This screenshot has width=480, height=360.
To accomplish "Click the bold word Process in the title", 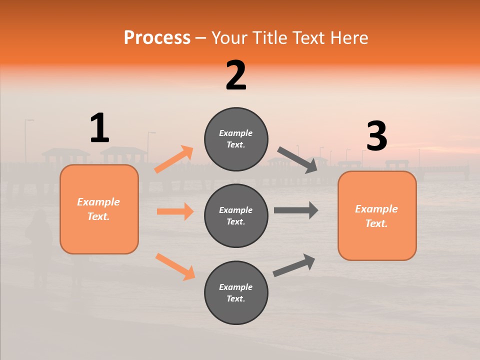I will pyautogui.click(x=157, y=38).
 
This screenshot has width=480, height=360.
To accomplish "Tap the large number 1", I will pyautogui.click(x=99, y=128).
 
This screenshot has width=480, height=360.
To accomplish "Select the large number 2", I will pyautogui.click(x=236, y=75).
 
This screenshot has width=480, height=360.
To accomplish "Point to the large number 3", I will pyautogui.click(x=376, y=136).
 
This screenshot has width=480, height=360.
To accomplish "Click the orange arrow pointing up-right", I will pyautogui.click(x=174, y=159).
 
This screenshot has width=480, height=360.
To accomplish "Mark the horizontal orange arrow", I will pyautogui.click(x=175, y=211).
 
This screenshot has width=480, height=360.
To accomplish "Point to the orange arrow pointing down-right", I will pyautogui.click(x=175, y=266).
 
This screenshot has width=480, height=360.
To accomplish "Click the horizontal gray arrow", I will pyautogui.click(x=296, y=210).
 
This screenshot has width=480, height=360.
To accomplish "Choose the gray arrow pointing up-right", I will pyautogui.click(x=294, y=265).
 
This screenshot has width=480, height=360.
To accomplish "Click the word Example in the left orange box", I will pyautogui.click(x=98, y=202).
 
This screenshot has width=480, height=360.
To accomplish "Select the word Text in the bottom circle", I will pyautogui.click(x=235, y=299).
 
